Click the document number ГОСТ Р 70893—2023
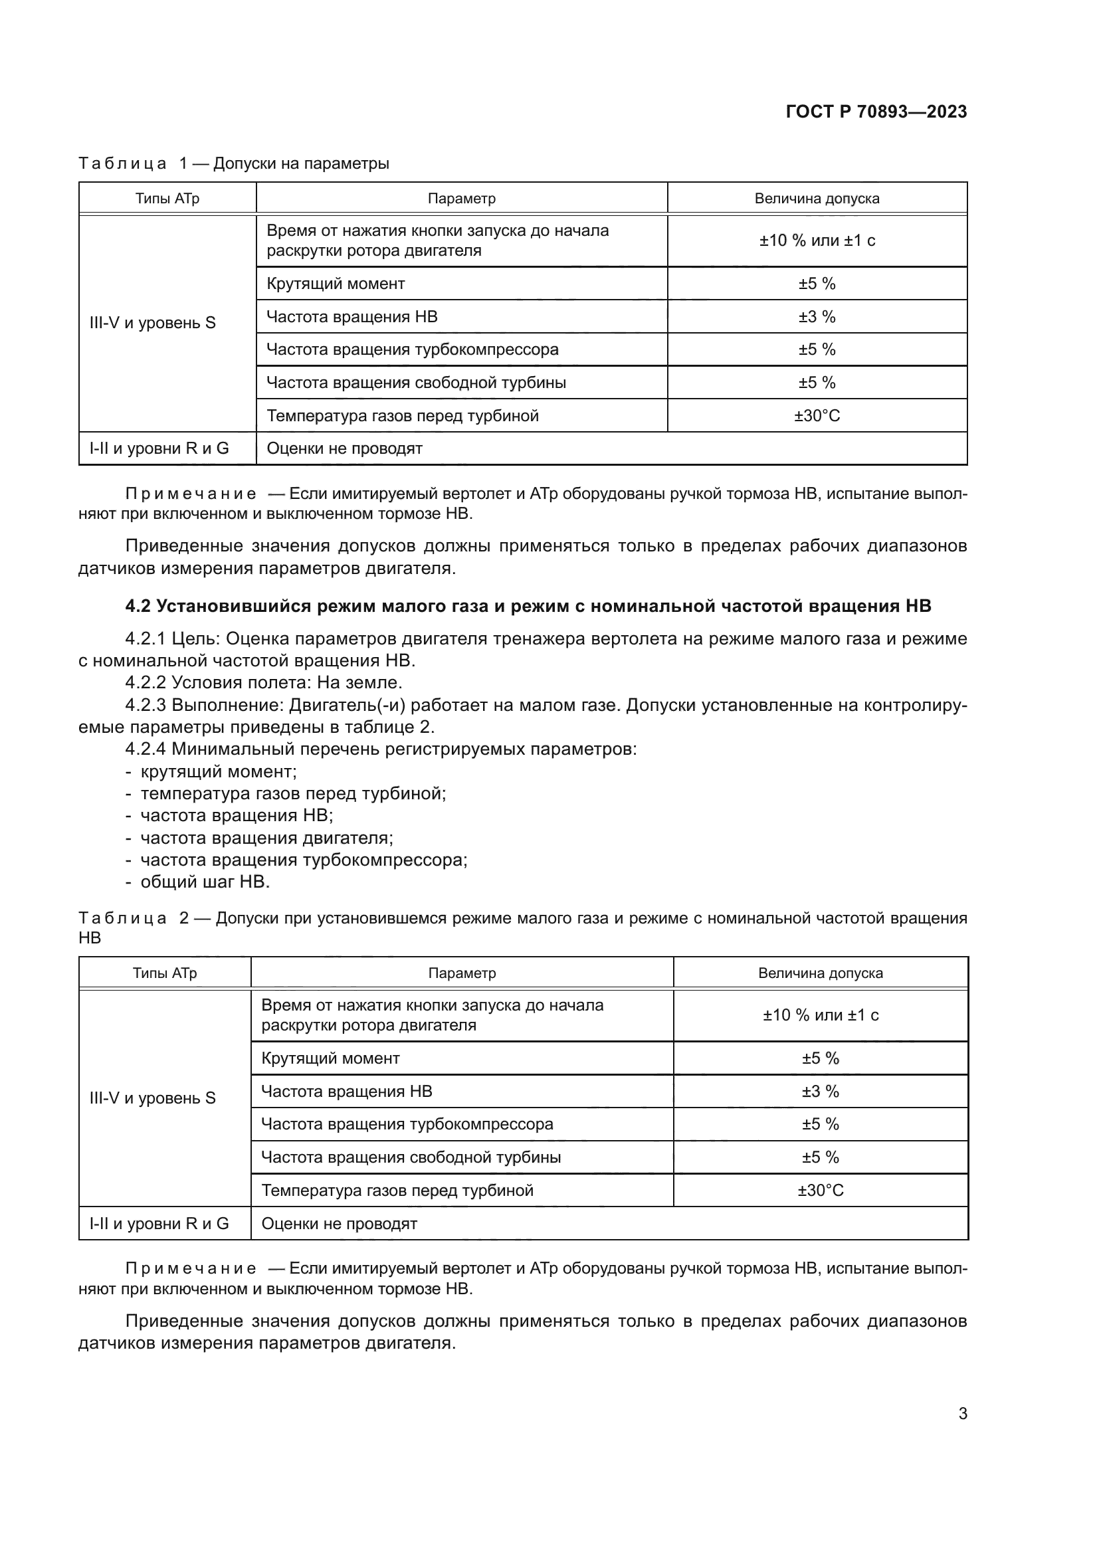[876, 112]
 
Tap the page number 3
[962, 1413]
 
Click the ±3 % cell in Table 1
[816, 317]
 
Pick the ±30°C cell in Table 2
[819, 1191]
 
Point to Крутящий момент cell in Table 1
[336, 284]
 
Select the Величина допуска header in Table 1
[816, 198]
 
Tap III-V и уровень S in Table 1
[152, 323]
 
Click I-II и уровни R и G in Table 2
[159, 1224]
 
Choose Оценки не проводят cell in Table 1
[344, 448]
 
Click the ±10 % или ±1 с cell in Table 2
[819, 1015]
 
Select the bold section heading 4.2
[528, 606]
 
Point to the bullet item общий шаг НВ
[205, 882]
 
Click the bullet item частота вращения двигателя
[266, 838]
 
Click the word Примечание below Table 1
[190, 494]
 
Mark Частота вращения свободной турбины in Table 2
[411, 1157]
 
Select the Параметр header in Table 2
[462, 973]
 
